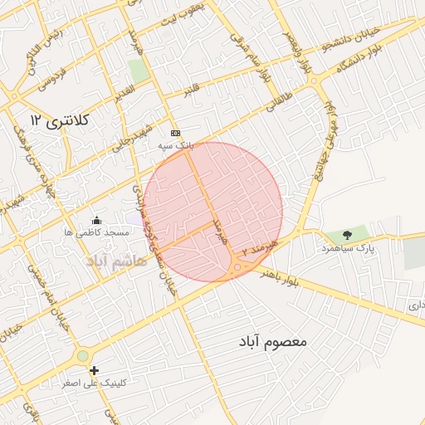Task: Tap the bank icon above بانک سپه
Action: (x=175, y=133)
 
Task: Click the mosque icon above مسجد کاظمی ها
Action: (x=97, y=220)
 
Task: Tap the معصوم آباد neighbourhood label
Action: (x=274, y=340)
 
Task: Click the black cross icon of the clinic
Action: (x=94, y=370)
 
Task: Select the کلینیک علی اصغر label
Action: (x=94, y=383)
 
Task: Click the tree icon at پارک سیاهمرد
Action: (x=347, y=236)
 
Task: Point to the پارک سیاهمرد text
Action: (x=349, y=248)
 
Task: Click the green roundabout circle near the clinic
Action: (x=83, y=356)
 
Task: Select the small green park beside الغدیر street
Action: (x=139, y=71)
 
